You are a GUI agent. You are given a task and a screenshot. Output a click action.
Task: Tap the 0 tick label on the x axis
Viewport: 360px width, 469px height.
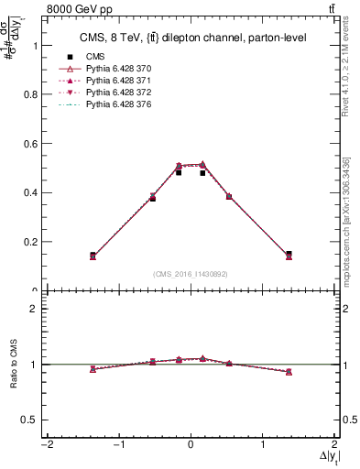(191, 445)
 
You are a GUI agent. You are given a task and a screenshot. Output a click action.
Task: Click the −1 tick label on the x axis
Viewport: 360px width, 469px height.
(117, 445)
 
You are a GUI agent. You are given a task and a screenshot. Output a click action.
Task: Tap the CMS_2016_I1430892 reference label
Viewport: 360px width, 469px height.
(191, 274)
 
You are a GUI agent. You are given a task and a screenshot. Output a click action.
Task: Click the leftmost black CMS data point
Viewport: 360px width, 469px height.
(93, 255)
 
